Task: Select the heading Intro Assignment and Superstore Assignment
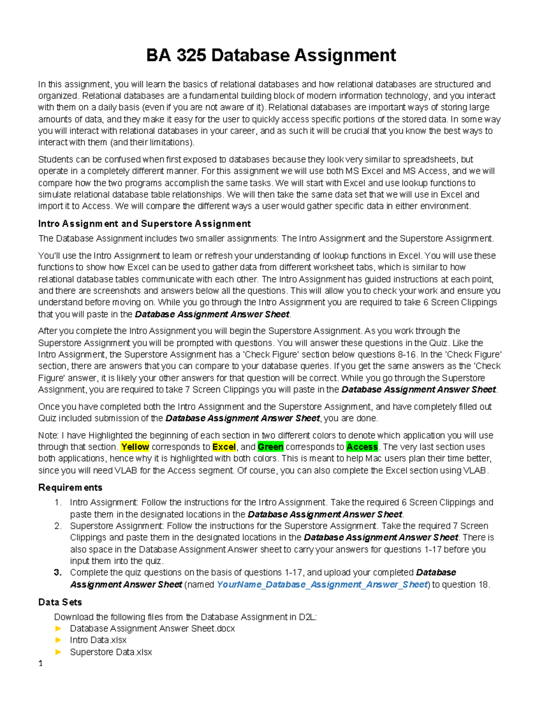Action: coord(144,224)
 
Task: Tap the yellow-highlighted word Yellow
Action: coord(135,447)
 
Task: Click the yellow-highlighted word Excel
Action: coord(224,447)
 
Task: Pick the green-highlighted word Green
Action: coord(271,447)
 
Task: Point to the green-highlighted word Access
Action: coord(362,447)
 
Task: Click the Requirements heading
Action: coord(70,487)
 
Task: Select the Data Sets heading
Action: coord(60,602)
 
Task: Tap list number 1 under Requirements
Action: coord(57,502)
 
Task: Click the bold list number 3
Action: coord(57,573)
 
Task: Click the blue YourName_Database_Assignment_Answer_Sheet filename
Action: coord(322,585)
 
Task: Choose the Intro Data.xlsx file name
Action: coord(98,640)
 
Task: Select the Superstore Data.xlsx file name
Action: coord(111,652)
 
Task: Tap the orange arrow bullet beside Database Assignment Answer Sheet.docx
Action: coord(58,628)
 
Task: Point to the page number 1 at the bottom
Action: coord(41,664)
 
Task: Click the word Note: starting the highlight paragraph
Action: coord(48,436)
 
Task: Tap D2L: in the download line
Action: coord(308,617)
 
